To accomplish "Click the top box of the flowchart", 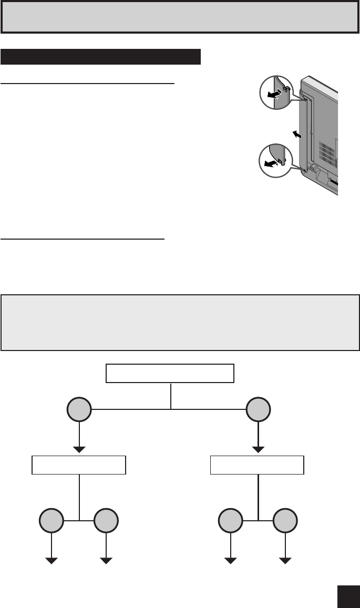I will (x=170, y=373).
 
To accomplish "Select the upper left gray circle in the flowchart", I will (x=79, y=409).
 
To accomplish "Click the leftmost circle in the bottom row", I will (x=52, y=521).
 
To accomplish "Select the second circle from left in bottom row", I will (x=106, y=521).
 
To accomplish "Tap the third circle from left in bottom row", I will (x=230, y=521).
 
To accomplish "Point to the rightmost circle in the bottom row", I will (x=285, y=521).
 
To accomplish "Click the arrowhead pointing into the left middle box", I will (x=79, y=449).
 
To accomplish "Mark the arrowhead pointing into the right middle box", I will (x=258, y=449).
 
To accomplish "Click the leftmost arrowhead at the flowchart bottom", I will (x=52, y=561).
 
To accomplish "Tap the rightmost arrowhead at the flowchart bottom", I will (x=285, y=561).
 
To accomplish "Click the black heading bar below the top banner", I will (x=101, y=57).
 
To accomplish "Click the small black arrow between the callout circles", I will (x=298, y=135).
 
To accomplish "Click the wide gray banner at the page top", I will (x=180, y=17).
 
